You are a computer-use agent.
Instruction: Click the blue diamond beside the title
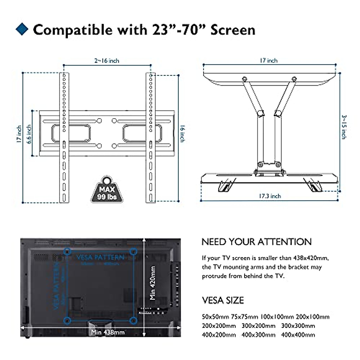click(22, 29)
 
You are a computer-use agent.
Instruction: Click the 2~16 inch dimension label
click(107, 61)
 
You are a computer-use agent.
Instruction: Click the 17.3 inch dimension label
click(270, 196)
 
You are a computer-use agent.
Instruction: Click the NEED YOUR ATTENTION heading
click(257, 242)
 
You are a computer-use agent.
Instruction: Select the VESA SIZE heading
click(223, 300)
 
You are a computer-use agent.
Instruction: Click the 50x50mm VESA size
click(215, 317)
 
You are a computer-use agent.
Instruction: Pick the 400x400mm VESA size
click(298, 335)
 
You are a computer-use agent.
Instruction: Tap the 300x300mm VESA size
click(298, 326)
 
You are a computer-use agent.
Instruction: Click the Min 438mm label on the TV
click(108, 332)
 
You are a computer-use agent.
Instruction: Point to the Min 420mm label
click(153, 283)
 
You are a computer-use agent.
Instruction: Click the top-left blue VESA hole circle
click(68, 251)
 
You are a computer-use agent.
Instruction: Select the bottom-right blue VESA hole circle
click(133, 321)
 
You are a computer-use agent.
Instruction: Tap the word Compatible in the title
click(72, 30)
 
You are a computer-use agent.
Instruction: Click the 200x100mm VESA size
click(312, 317)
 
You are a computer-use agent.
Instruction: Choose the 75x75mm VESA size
click(244, 317)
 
